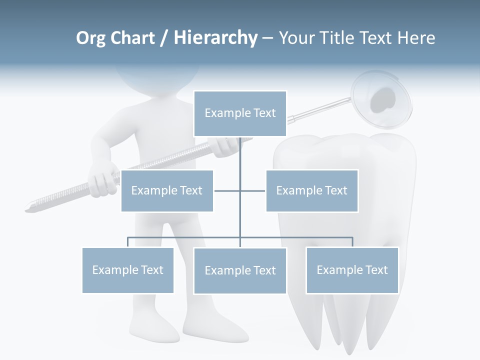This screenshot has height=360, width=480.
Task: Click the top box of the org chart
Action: [x=240, y=113]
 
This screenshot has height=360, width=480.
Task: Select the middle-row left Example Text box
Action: [x=167, y=190]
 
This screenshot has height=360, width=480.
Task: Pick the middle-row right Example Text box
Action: [x=312, y=190]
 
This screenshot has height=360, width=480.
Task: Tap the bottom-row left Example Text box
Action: [x=128, y=270]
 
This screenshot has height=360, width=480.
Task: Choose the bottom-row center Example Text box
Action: [x=240, y=270]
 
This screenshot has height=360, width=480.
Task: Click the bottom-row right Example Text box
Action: [x=352, y=270]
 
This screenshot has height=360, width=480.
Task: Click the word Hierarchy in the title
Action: [x=215, y=37]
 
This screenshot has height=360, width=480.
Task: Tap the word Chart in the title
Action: [x=132, y=37]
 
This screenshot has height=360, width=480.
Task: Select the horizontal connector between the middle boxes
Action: [x=239, y=190]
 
